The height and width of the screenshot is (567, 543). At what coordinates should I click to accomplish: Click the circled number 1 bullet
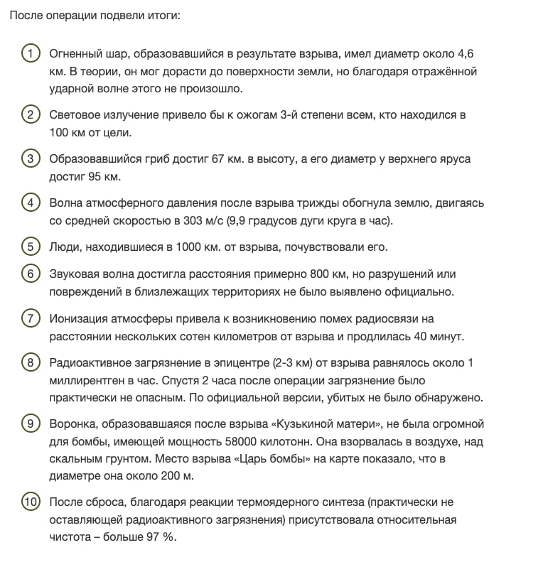[x=30, y=54]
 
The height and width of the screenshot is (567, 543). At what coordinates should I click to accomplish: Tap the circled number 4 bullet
[x=30, y=203]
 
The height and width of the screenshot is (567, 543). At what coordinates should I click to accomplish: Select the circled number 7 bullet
[x=30, y=318]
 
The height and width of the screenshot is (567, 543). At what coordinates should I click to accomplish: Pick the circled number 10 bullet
[x=30, y=502]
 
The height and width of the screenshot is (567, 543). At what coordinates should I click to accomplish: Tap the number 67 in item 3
[x=218, y=158]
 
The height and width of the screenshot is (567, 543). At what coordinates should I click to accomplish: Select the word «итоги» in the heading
[x=164, y=14]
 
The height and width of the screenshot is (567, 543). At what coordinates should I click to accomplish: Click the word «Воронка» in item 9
[x=72, y=423]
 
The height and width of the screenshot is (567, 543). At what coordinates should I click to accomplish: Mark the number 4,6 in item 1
[x=466, y=53]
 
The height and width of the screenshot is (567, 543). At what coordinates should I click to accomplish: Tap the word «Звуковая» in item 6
[x=75, y=274]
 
